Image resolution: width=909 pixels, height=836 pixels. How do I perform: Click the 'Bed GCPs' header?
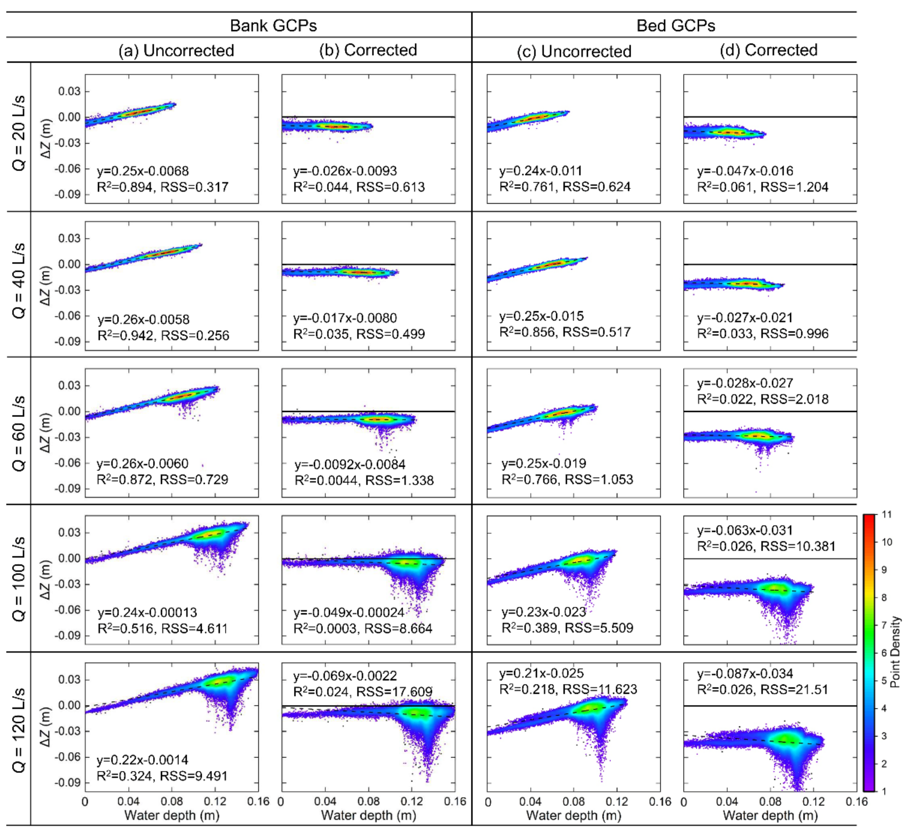point(676,25)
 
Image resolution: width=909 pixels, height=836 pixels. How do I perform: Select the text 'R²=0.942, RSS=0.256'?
point(163,335)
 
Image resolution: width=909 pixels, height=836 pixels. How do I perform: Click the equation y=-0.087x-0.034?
point(745,674)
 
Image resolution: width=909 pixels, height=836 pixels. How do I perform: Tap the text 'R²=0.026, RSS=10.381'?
point(766,546)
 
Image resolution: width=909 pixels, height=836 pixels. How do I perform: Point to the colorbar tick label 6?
point(884,653)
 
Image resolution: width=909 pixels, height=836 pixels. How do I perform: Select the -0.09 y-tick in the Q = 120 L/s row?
point(67,783)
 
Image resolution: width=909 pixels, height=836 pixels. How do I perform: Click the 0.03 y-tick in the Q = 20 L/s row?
point(69,91)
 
